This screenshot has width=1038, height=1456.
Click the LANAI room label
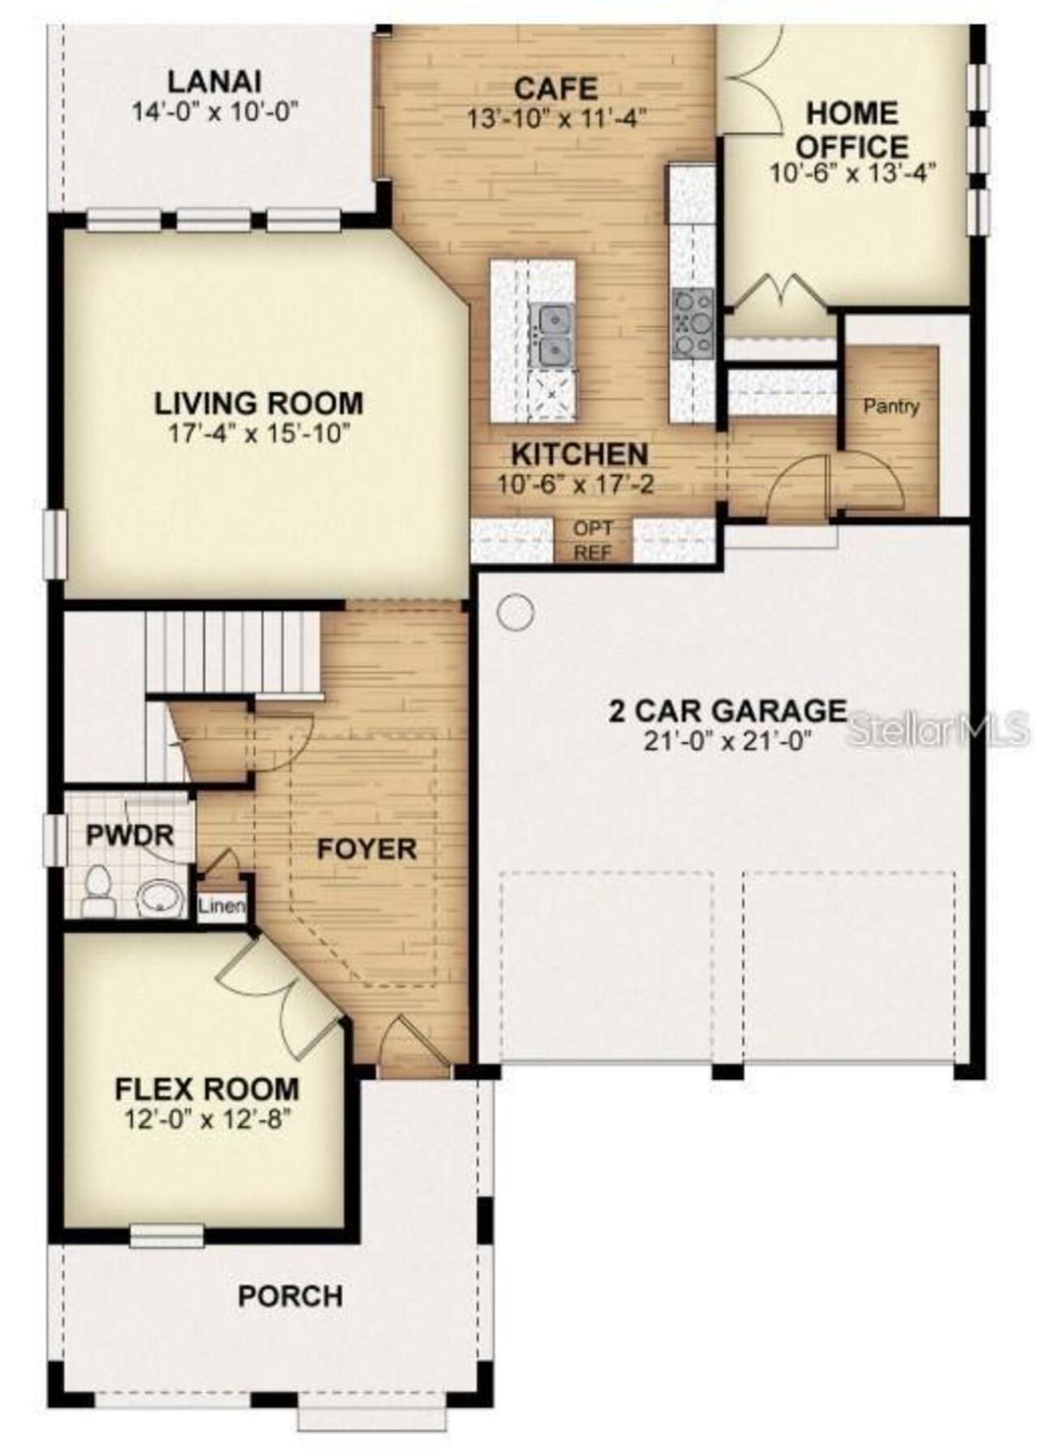[x=214, y=83]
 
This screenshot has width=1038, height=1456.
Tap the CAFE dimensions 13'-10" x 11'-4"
[x=555, y=118]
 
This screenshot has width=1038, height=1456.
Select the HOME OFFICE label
[x=851, y=130]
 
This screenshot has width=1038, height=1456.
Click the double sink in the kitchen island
[x=551, y=335]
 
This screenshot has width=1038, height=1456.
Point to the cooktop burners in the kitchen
[x=692, y=323]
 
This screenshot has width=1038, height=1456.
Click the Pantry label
[x=891, y=406]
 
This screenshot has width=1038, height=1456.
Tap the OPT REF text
[x=593, y=541]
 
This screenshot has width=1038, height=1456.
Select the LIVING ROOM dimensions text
[x=259, y=433]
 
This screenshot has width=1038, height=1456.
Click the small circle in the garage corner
[x=516, y=612]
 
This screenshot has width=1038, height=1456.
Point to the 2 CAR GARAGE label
[x=727, y=711]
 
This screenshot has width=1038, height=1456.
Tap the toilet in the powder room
[x=98, y=891]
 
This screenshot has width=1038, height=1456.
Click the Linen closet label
[x=221, y=906]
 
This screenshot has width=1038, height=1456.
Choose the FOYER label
[x=367, y=849]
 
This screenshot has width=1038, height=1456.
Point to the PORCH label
[x=290, y=1295]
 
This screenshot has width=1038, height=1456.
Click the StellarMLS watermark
[x=937, y=730]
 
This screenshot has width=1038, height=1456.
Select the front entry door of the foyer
[x=414, y=1046]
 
